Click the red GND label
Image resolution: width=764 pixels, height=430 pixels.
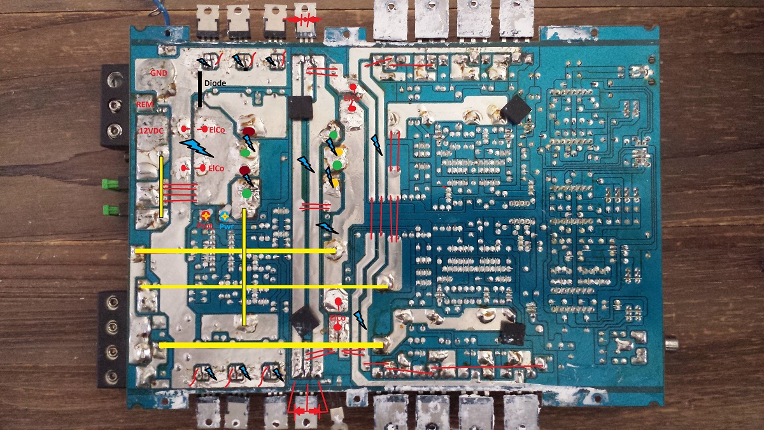click(x=159, y=73)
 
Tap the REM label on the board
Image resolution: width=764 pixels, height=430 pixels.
click(x=144, y=104)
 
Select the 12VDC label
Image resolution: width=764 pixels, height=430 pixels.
click(x=152, y=131)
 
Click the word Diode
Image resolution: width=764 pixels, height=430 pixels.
click(x=215, y=83)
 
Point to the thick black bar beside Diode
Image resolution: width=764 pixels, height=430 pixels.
click(x=200, y=89)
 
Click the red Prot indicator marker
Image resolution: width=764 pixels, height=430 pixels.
click(x=205, y=217)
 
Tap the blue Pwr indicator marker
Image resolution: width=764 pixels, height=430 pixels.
click(x=225, y=217)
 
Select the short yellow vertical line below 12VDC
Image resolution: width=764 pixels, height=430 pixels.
click(x=161, y=187)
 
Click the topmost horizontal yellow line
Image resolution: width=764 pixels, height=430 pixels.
click(x=236, y=251)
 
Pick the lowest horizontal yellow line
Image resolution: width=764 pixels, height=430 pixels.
click(x=271, y=345)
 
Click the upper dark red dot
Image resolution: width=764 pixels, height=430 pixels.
click(x=248, y=132)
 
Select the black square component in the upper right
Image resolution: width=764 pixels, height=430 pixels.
click(x=515, y=110)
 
